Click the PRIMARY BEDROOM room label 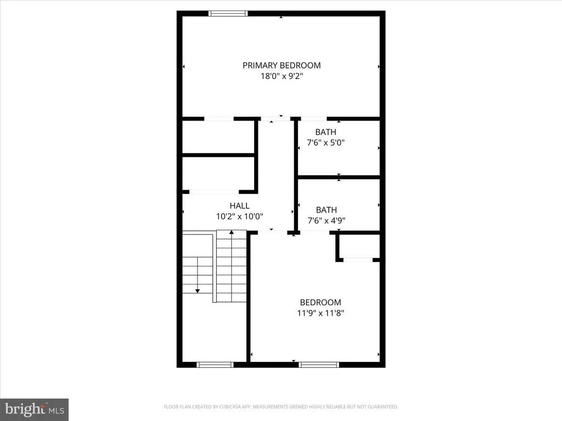[x=282, y=66]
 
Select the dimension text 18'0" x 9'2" [x=282, y=76]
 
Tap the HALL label [x=239, y=206]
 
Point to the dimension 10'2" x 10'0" [x=239, y=217]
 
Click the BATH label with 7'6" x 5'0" [x=326, y=132]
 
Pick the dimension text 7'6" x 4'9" [x=327, y=220]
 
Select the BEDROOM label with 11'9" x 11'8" [x=321, y=303]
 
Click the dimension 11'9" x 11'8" [x=321, y=313]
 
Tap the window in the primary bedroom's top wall [x=228, y=14]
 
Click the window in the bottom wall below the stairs [x=215, y=365]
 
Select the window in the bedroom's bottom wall [x=319, y=365]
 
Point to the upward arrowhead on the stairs [x=232, y=232]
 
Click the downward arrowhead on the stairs [x=198, y=291]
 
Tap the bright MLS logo [x=35, y=409]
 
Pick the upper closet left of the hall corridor [x=218, y=137]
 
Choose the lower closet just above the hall [x=218, y=174]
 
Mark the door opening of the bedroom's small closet [x=358, y=260]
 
